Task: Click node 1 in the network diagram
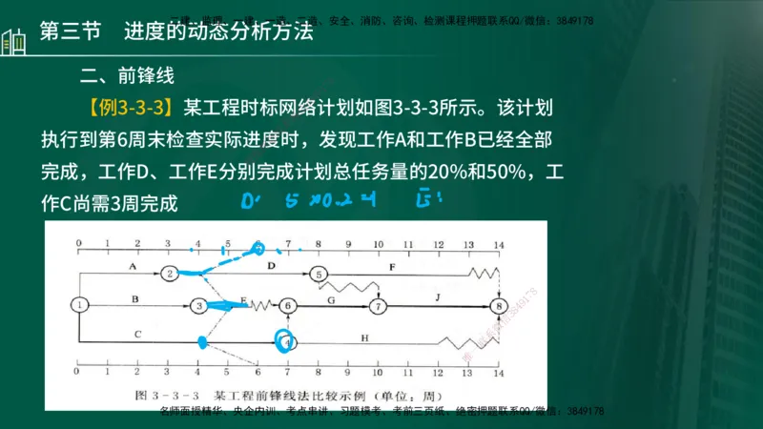(x=80, y=305)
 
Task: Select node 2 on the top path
(x=169, y=274)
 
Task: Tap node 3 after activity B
(x=198, y=306)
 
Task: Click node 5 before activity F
(x=319, y=274)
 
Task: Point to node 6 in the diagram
(x=289, y=306)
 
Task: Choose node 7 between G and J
(x=379, y=306)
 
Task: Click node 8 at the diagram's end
(x=498, y=306)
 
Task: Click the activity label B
(x=134, y=298)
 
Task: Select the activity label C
(x=138, y=332)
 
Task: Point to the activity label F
(x=392, y=266)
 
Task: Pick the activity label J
(x=438, y=298)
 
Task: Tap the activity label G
(x=331, y=298)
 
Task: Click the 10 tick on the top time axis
(x=379, y=244)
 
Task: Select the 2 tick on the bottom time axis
(x=138, y=371)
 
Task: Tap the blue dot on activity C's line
(x=201, y=340)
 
